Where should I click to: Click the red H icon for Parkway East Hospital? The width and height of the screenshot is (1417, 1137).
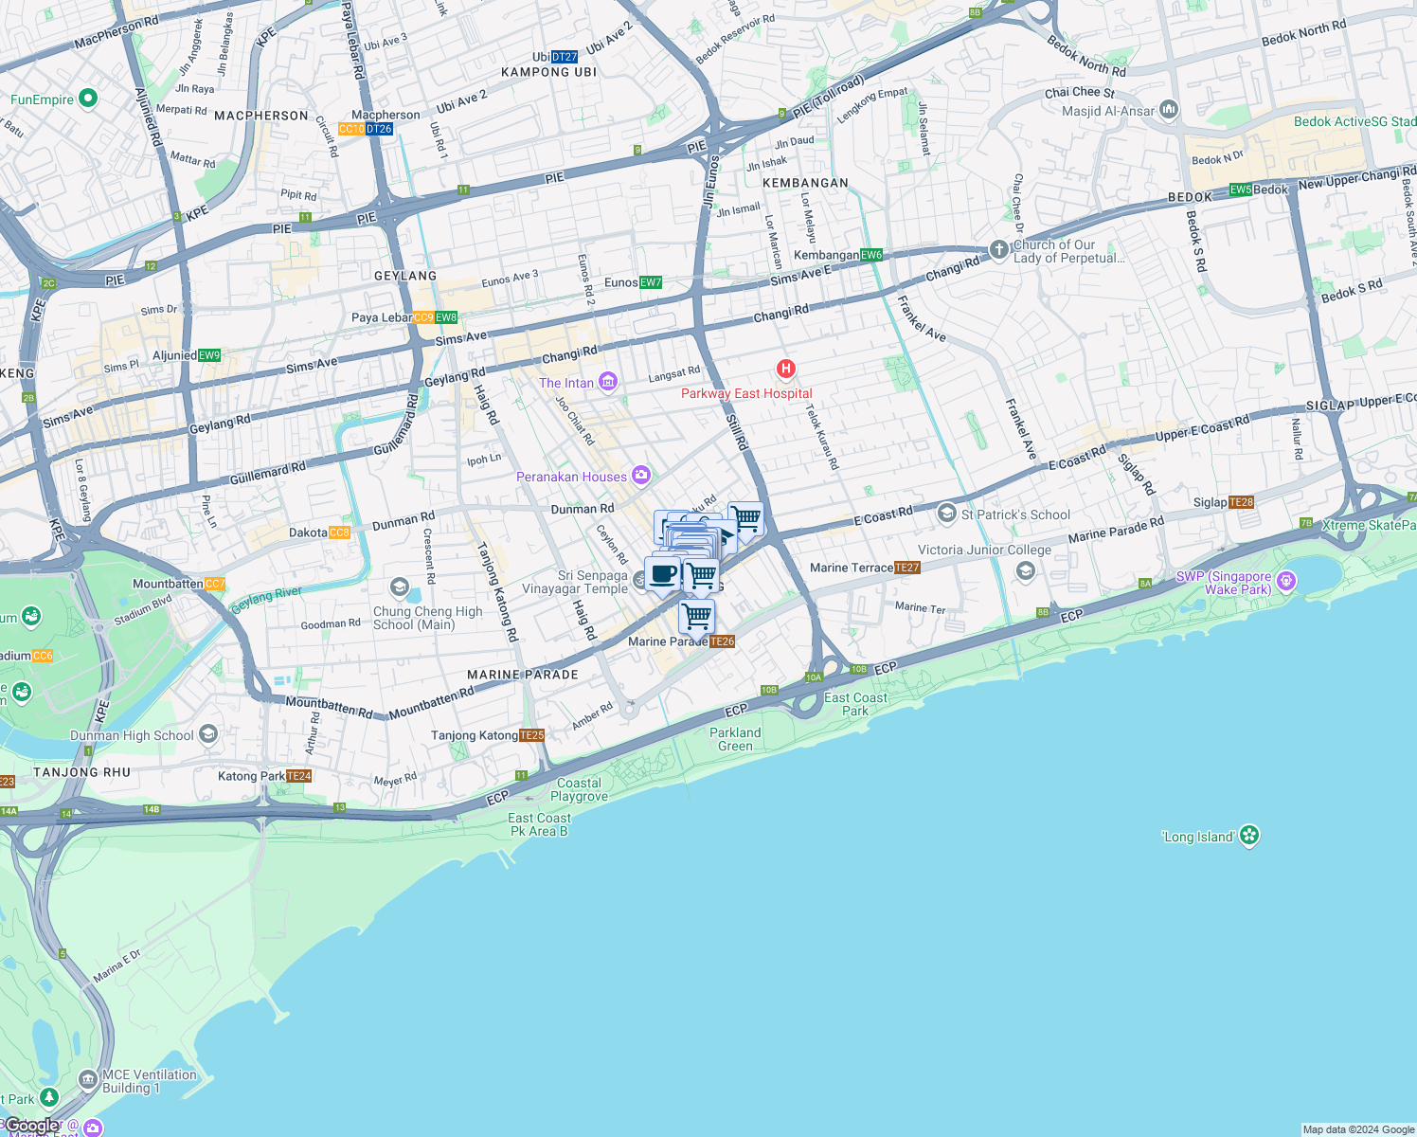point(785,369)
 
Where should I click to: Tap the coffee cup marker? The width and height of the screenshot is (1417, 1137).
point(663,574)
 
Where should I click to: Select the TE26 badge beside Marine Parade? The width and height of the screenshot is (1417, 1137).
point(722,641)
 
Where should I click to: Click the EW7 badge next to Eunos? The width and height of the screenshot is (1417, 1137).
point(651,282)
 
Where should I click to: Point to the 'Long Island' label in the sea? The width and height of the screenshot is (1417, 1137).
point(1197,837)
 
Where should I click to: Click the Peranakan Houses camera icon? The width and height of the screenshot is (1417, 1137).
point(641,475)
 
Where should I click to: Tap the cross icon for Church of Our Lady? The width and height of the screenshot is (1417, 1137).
point(998,249)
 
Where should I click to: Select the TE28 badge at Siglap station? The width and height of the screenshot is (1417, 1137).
point(1241,502)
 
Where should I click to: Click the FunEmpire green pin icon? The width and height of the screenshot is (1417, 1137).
point(88,98)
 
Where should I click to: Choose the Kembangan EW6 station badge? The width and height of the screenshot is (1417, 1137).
point(871,255)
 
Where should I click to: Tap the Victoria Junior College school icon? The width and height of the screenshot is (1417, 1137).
point(1025,570)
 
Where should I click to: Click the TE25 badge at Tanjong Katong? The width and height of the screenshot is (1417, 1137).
point(531,735)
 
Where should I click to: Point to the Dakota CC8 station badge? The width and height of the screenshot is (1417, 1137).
point(339,532)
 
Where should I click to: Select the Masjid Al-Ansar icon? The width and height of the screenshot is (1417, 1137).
point(1169,110)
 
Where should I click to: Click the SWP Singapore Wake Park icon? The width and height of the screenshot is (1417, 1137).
point(1286,581)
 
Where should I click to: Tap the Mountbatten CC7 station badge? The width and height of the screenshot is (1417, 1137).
point(215,584)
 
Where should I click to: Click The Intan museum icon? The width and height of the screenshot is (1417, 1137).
point(608,382)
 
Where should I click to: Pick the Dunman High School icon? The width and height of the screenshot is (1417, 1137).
point(208,734)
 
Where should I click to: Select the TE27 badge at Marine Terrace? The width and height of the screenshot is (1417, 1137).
point(907,568)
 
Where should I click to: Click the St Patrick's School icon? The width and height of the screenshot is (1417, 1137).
point(946,514)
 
